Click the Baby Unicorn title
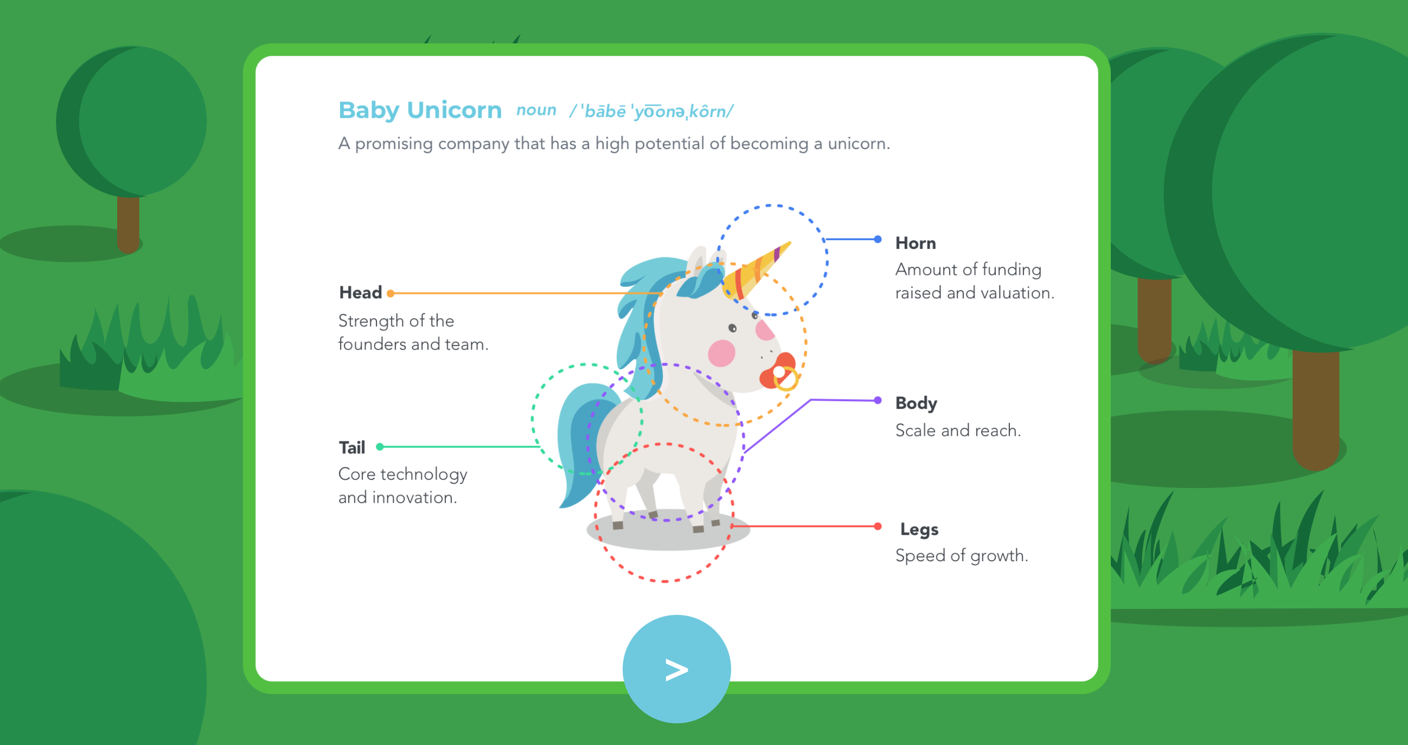point(420,111)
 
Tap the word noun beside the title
point(536,111)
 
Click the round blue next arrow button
point(676,669)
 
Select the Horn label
point(916,243)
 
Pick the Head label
point(360,293)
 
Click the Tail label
point(351,448)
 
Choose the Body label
point(916,403)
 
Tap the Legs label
point(919,529)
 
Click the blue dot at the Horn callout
point(878,240)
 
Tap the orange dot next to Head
point(391,293)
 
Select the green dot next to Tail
point(380,447)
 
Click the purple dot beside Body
point(878,400)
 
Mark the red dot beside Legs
point(878,526)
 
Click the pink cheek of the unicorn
point(721,353)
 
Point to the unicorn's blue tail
point(579,448)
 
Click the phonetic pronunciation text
point(651,112)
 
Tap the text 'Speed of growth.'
point(962,556)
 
